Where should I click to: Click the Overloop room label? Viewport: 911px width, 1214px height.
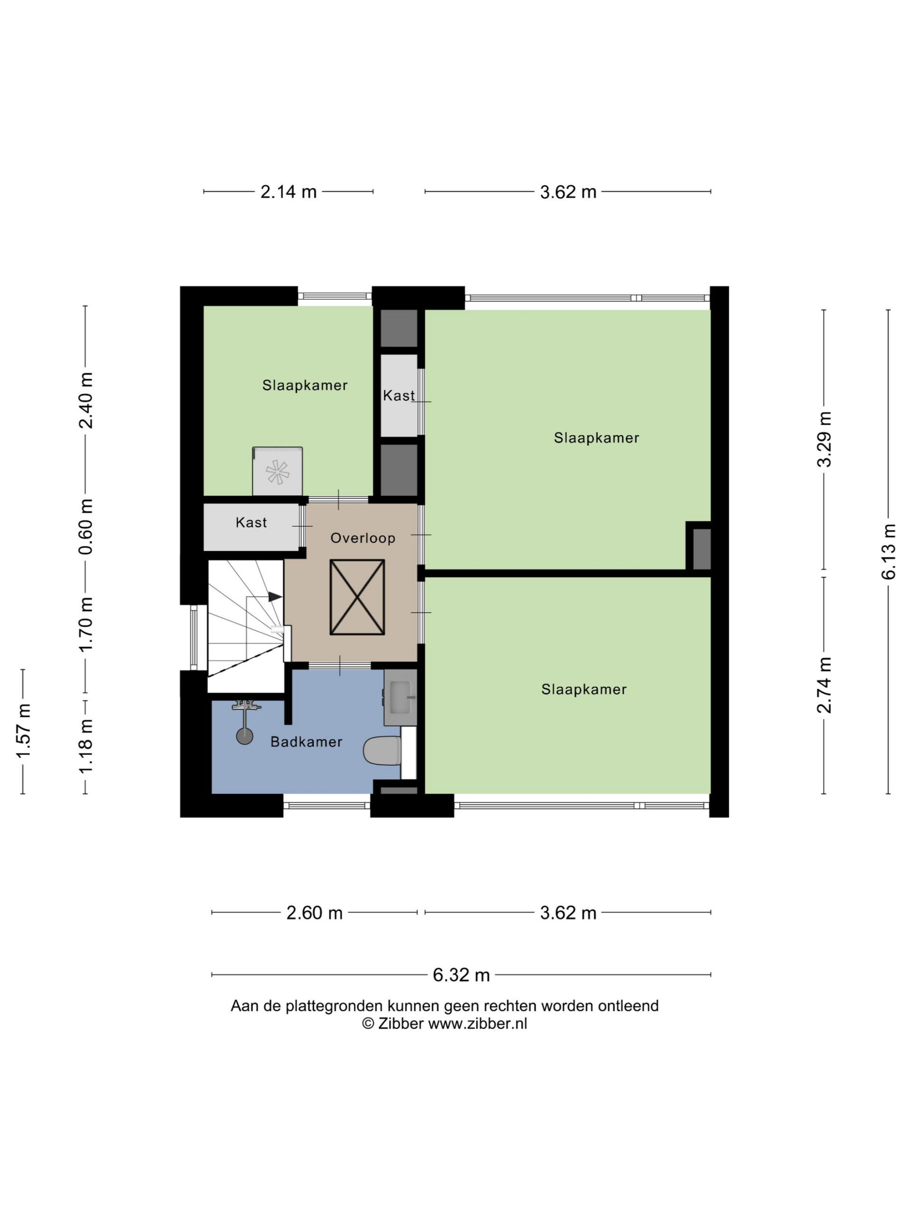click(x=363, y=538)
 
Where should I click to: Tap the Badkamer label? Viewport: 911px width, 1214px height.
click(x=307, y=742)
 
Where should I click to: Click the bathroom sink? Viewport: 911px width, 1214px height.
click(x=400, y=697)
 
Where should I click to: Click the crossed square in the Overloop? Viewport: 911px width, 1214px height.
click(x=357, y=597)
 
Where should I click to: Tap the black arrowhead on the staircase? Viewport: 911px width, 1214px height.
click(x=275, y=597)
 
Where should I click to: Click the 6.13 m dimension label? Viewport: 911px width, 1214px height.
click(x=889, y=551)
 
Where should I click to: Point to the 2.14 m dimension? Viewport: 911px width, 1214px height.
click(x=288, y=192)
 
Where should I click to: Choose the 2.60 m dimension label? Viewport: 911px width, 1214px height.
click(x=315, y=913)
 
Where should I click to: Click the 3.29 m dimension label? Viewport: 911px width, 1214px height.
click(x=824, y=439)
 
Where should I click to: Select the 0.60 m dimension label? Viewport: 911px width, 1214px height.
click(x=86, y=526)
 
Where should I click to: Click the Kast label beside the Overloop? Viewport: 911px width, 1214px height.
click(x=251, y=523)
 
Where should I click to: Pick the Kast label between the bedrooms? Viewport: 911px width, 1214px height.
click(x=399, y=395)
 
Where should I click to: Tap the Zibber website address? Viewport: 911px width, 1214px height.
click(x=477, y=1023)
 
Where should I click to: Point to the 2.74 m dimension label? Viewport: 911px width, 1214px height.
click(x=824, y=685)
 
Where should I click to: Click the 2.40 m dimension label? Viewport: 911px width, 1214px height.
click(x=86, y=400)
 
